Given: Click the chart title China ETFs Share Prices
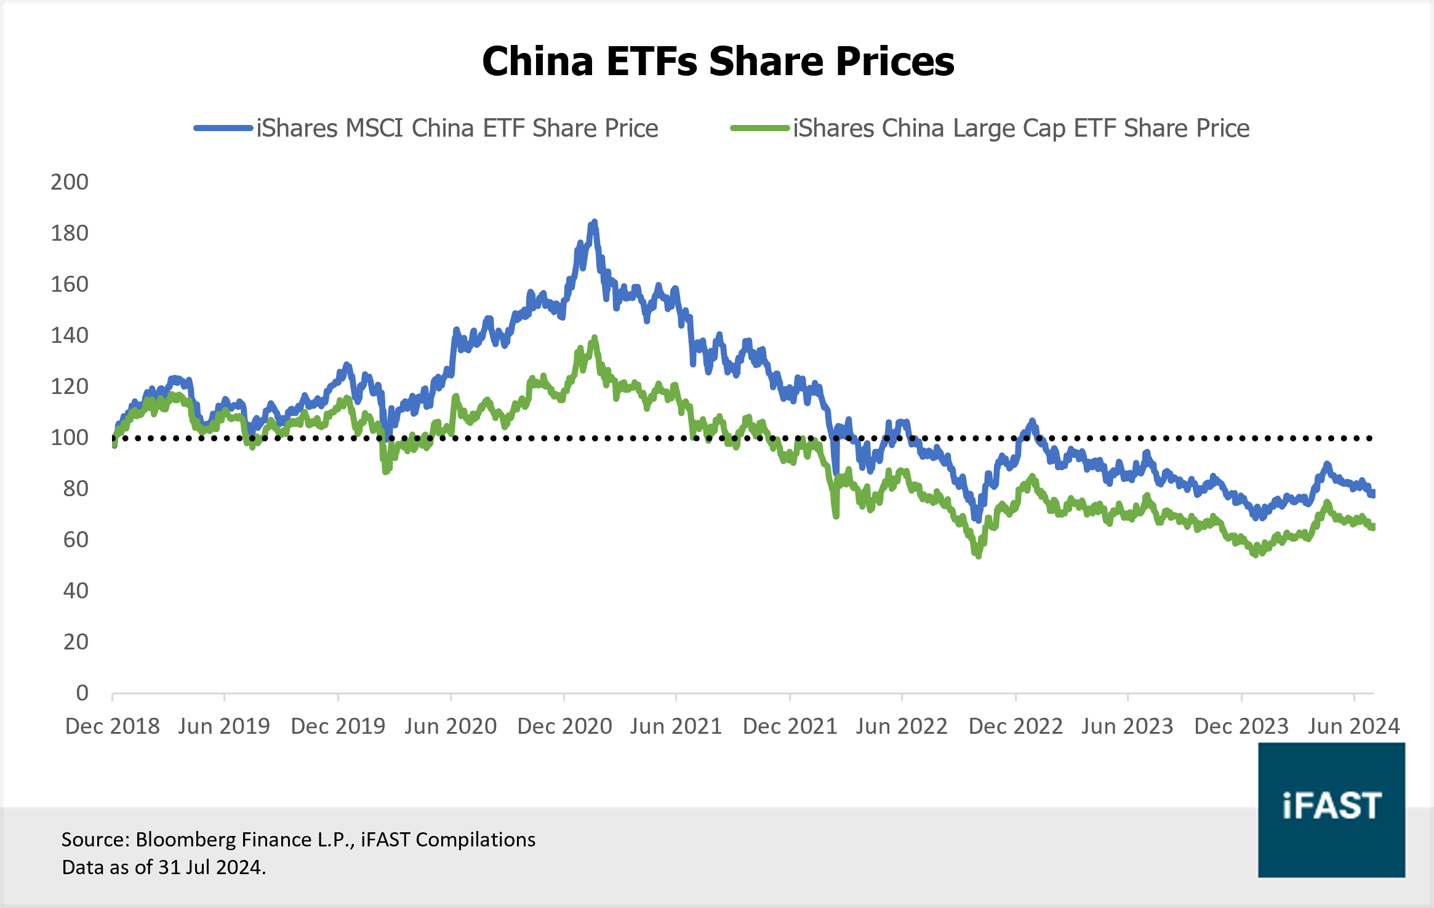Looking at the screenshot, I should click(x=718, y=62).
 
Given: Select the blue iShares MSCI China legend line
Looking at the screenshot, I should click(x=223, y=128).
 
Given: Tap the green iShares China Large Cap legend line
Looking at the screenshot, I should click(x=760, y=128).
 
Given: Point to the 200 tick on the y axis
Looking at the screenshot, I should click(x=70, y=182).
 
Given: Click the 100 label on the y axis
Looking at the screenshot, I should click(x=70, y=438).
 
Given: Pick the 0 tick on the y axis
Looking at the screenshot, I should click(x=82, y=693).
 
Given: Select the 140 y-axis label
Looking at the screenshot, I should click(x=70, y=335).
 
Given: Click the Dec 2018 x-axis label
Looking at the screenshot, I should click(x=113, y=726).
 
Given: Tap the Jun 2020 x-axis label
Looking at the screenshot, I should click(x=451, y=726).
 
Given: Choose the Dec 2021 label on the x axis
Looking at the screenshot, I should click(x=790, y=726).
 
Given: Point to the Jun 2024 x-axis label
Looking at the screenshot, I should click(x=1353, y=726).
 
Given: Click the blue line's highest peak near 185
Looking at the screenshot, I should click(x=594, y=222).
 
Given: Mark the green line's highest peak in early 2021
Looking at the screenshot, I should click(x=595, y=338).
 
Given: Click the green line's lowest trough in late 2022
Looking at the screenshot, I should click(x=978, y=555).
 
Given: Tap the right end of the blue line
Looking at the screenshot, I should click(x=1372, y=494).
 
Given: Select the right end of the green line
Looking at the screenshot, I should click(x=1372, y=527).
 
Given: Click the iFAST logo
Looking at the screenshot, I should click(x=1331, y=809).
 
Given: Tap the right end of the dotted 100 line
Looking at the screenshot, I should click(x=1370, y=438).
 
